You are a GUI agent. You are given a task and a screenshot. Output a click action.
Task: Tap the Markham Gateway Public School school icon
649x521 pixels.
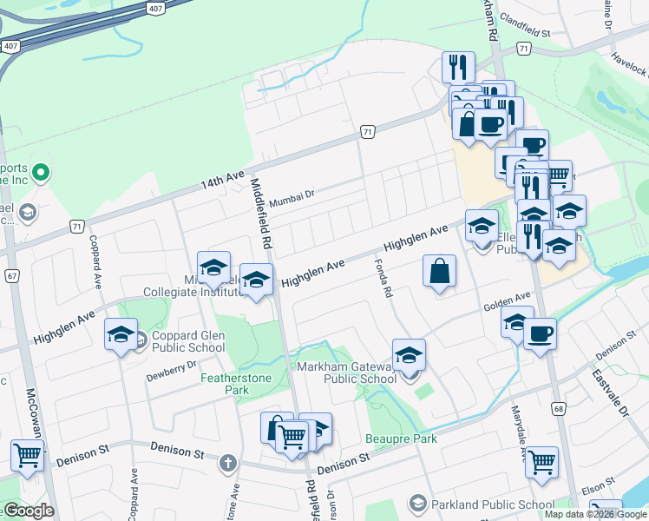(x=409, y=355)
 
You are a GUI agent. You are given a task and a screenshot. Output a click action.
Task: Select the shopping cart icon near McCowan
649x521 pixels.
(x=28, y=455)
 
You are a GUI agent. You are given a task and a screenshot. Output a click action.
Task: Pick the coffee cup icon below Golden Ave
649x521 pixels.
(x=540, y=333)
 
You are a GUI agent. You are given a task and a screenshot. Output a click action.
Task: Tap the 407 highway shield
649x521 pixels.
(x=10, y=44)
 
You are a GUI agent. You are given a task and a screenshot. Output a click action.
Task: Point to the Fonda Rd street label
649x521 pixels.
(x=383, y=278)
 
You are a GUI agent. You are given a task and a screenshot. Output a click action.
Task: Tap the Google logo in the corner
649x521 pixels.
(x=29, y=511)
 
